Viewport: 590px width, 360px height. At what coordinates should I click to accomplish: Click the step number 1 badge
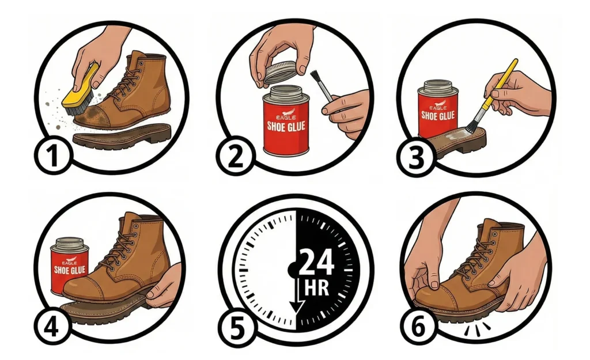pos(53,155)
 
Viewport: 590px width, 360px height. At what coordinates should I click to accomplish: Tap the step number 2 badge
pos(236,155)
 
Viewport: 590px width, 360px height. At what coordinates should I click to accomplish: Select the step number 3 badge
pos(416,157)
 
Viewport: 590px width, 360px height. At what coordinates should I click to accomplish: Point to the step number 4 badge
pos(52,326)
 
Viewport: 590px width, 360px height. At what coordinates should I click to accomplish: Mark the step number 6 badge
pos(418,326)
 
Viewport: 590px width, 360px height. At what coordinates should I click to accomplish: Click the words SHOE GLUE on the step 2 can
pos(286,126)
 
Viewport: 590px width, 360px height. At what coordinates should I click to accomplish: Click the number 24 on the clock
pos(316,263)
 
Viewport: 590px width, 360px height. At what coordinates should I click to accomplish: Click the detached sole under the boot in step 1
pos(122,135)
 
